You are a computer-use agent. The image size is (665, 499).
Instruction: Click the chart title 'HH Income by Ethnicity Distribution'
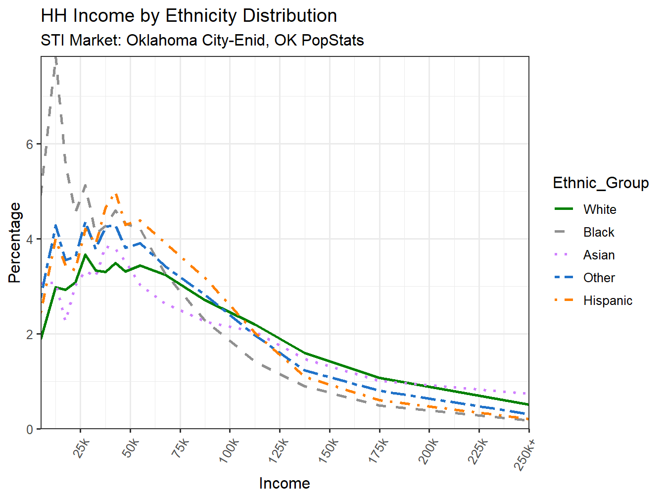pos(189,16)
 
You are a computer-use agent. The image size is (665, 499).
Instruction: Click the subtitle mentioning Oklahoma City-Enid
pos(202,40)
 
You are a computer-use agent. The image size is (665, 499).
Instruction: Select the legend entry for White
pos(599,209)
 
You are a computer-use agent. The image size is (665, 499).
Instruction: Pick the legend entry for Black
pos(598,232)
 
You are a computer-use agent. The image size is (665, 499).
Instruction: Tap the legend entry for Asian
pos(599,255)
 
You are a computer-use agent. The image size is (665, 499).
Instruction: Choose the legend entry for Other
pos(599,278)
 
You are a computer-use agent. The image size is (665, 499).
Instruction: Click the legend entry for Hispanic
pos(607,300)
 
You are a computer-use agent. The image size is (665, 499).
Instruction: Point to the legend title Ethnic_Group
pos(601,183)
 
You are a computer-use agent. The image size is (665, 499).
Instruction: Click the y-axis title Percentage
pos(15,243)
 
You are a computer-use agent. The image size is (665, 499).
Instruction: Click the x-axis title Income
pos(285,483)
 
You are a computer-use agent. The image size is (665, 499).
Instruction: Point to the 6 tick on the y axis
pos(30,144)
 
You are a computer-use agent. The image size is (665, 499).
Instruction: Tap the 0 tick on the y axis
pos(30,429)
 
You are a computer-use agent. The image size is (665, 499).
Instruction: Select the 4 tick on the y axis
pos(30,239)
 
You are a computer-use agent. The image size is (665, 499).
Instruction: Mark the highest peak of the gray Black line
pos(56,58)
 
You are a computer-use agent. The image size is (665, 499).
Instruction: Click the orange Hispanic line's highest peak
pos(116,195)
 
